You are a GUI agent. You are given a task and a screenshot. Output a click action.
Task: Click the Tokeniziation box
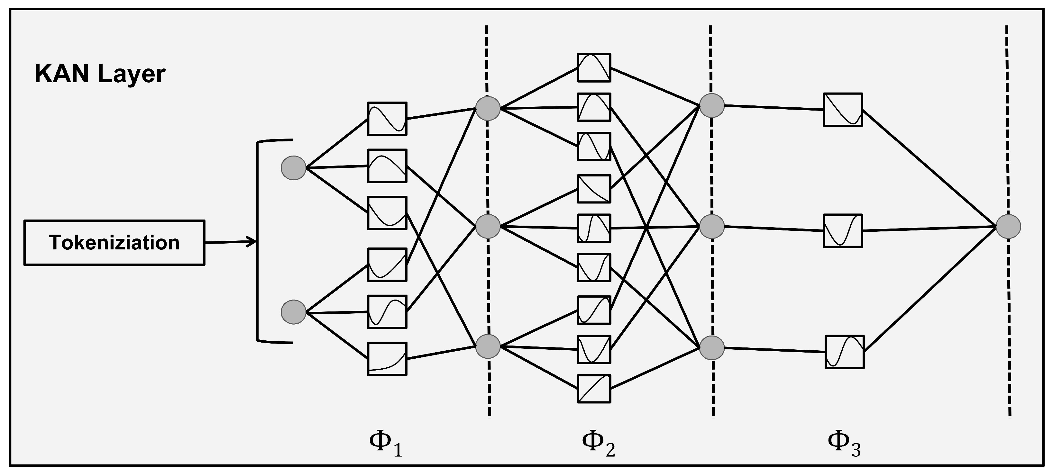pyautogui.click(x=114, y=243)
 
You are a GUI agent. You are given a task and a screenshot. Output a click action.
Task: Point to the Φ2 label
pyautogui.click(x=598, y=444)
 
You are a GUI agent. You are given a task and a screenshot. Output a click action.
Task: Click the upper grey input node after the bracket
pyautogui.click(x=294, y=168)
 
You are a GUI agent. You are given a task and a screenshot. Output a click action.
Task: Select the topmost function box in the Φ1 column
pyautogui.click(x=387, y=119)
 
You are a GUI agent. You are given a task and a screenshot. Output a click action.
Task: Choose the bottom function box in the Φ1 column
pyautogui.click(x=387, y=359)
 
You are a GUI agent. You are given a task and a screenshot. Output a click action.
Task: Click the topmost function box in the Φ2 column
pyautogui.click(x=594, y=68)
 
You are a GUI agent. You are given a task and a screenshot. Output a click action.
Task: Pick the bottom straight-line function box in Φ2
pyautogui.click(x=594, y=389)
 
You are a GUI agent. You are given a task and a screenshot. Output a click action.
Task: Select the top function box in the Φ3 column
pyautogui.click(x=842, y=110)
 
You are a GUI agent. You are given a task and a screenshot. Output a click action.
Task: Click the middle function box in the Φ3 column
pyautogui.click(x=842, y=231)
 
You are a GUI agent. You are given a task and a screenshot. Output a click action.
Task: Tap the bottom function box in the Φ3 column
pyautogui.click(x=844, y=352)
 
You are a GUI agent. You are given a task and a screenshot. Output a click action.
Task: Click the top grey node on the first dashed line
pyautogui.click(x=488, y=108)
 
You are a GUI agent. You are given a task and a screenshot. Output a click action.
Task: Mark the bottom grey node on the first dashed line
pyautogui.click(x=488, y=346)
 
